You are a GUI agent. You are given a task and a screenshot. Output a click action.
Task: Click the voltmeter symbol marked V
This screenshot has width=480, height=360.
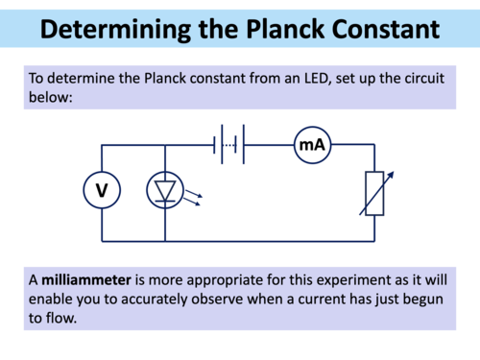(x=102, y=192)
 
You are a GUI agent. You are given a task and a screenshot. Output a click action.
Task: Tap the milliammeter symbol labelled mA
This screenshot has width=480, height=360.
(x=311, y=145)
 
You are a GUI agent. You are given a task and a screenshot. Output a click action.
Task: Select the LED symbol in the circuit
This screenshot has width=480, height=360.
(x=164, y=192)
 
